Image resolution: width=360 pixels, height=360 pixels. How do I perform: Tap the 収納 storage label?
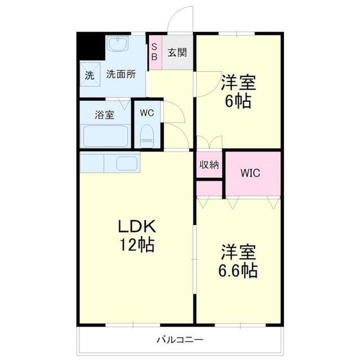(x=209, y=164)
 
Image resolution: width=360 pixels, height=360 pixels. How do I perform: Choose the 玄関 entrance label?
(x=177, y=53)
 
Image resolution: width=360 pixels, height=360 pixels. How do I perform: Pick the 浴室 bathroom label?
(x=105, y=115)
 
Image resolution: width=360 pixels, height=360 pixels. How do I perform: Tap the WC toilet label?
(x=147, y=112)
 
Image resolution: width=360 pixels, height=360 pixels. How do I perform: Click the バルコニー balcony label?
(x=179, y=340)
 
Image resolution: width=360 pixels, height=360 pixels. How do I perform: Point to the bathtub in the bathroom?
(x=106, y=135)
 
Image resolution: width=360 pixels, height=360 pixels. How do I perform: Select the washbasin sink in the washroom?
(x=118, y=45)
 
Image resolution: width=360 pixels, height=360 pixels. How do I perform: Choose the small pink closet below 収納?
(x=209, y=188)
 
